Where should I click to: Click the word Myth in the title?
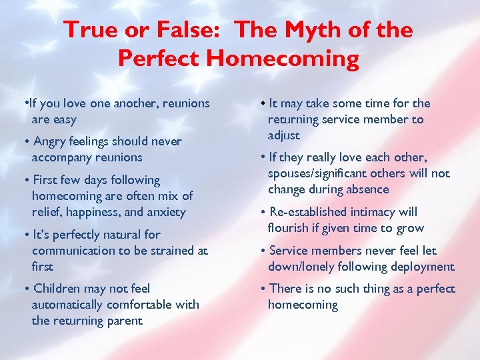pos(311,30)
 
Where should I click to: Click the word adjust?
pos(284,135)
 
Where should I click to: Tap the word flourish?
pos(287,228)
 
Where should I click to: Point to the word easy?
pos(65,119)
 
